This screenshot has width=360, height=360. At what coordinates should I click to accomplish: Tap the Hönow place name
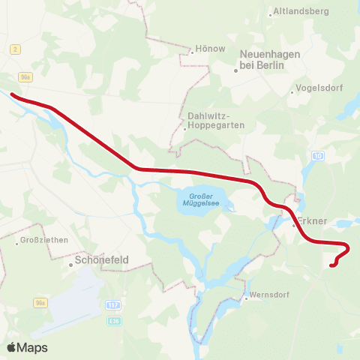click(x=210, y=49)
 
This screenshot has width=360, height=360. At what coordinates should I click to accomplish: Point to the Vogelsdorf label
click(x=318, y=88)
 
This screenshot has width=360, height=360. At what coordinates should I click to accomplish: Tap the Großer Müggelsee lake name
click(x=196, y=199)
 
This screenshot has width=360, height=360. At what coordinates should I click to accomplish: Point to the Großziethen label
click(x=42, y=241)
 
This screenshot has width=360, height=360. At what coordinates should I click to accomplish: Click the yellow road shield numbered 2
click(x=15, y=49)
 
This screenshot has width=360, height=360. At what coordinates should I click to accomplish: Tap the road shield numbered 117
click(x=113, y=305)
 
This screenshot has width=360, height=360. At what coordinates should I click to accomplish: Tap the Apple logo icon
click(x=12, y=347)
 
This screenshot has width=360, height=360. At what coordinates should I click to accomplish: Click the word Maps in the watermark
click(x=32, y=347)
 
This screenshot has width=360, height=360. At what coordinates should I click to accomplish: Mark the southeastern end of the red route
click(x=331, y=264)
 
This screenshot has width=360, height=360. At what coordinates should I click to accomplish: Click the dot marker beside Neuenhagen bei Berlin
click(x=235, y=70)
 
